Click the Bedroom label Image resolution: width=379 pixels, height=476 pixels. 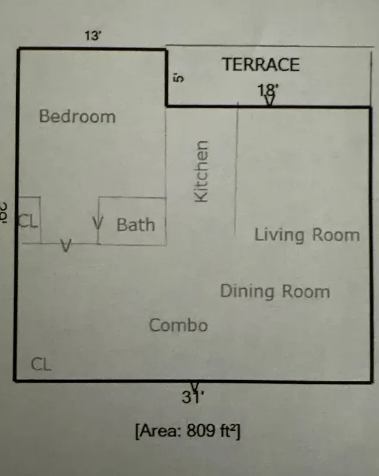tap(77, 116)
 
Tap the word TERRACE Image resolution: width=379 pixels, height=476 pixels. tap(261, 65)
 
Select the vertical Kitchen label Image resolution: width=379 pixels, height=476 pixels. tap(202, 171)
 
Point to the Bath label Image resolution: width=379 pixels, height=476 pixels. tap(136, 225)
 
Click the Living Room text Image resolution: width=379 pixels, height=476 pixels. tap(307, 235)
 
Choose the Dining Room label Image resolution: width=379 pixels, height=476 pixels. tap(275, 292)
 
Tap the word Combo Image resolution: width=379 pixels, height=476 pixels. tap(178, 325)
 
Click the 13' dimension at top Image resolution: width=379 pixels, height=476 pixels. tap(93, 35)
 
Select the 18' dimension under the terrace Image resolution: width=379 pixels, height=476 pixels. tap(268, 90)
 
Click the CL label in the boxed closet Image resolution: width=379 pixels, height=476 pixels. tap(28, 222)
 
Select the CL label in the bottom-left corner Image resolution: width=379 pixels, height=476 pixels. tap(41, 364)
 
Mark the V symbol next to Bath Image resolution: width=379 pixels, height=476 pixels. tap(99, 224)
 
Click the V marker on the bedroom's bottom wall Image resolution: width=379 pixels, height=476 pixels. tap(67, 245)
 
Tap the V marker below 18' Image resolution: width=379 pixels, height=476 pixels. tap(270, 101)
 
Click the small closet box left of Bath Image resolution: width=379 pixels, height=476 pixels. tap(29, 220)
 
